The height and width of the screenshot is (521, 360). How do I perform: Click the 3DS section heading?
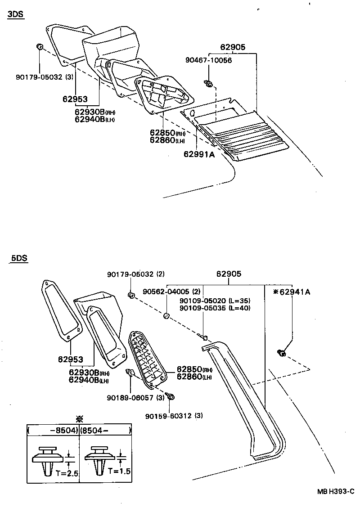[x=15, y=14]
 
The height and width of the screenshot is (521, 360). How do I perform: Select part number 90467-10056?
[x=209, y=60]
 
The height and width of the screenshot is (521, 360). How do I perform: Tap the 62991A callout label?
[x=199, y=154]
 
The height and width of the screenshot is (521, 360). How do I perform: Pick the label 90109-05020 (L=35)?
[x=215, y=301]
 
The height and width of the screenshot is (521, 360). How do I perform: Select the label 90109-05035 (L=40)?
[x=215, y=308]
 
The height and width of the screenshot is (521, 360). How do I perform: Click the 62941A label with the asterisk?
[x=292, y=292]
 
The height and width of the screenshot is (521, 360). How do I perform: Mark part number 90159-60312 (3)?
[x=174, y=415]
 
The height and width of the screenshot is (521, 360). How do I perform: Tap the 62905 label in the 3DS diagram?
[x=231, y=47]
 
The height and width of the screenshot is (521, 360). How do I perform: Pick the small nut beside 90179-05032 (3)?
[x=39, y=46]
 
